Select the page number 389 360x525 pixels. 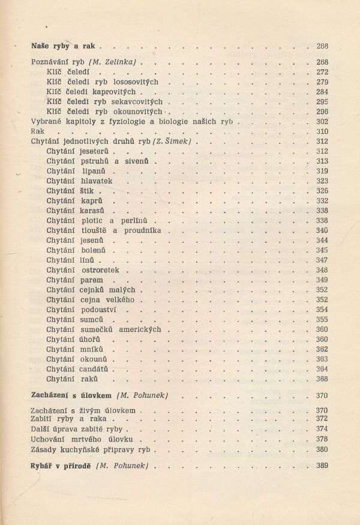coord(321,466)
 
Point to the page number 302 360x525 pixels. coord(321,121)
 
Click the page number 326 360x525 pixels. coord(321,190)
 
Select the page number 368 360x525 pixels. coord(321,379)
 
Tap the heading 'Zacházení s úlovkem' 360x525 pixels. coord(71,395)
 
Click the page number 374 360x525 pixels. coord(321,429)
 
